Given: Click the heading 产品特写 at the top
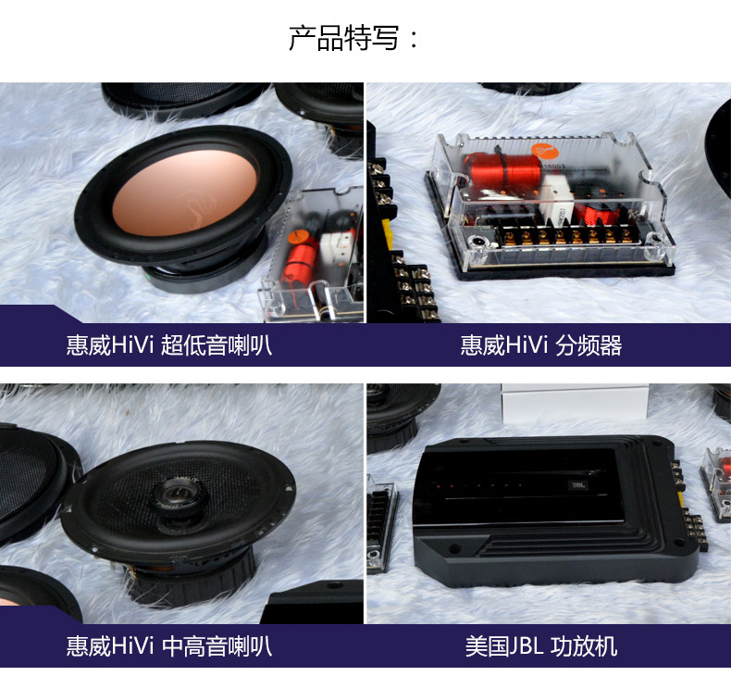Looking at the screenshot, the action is [x=344, y=38].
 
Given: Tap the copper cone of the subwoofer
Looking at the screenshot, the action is [x=185, y=193].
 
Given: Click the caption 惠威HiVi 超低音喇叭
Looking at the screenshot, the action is [x=168, y=345].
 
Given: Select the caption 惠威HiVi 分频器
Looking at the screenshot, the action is [x=540, y=345].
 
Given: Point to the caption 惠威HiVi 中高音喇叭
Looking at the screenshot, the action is [x=168, y=646].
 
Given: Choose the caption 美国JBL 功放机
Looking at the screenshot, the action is [x=540, y=646].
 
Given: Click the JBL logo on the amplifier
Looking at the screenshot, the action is [x=578, y=485].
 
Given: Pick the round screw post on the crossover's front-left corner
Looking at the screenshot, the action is [x=479, y=242].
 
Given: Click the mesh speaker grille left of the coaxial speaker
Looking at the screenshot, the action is [x=33, y=481].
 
